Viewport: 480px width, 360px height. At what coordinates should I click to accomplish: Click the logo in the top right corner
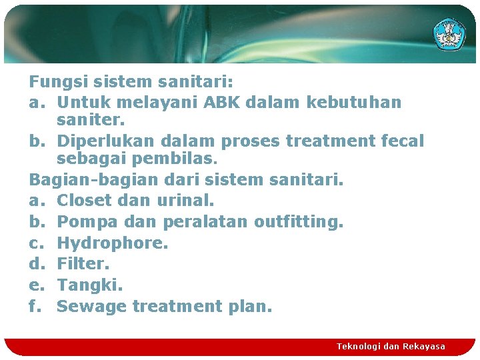(451, 33)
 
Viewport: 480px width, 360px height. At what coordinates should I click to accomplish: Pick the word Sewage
(91, 307)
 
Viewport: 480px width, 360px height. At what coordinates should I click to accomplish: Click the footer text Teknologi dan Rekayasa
(391, 347)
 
